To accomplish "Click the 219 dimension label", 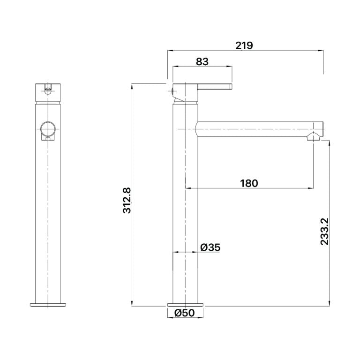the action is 244,45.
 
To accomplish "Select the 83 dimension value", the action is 202,61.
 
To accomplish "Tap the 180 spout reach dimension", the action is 249,183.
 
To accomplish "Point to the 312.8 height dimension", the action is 127,200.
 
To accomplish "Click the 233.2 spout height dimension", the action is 325,232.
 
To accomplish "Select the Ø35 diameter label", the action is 210,247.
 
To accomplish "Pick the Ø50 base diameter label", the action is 184,313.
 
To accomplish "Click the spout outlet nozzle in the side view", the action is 313,136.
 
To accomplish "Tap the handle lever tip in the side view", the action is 231,87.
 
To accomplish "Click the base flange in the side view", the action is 186,305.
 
